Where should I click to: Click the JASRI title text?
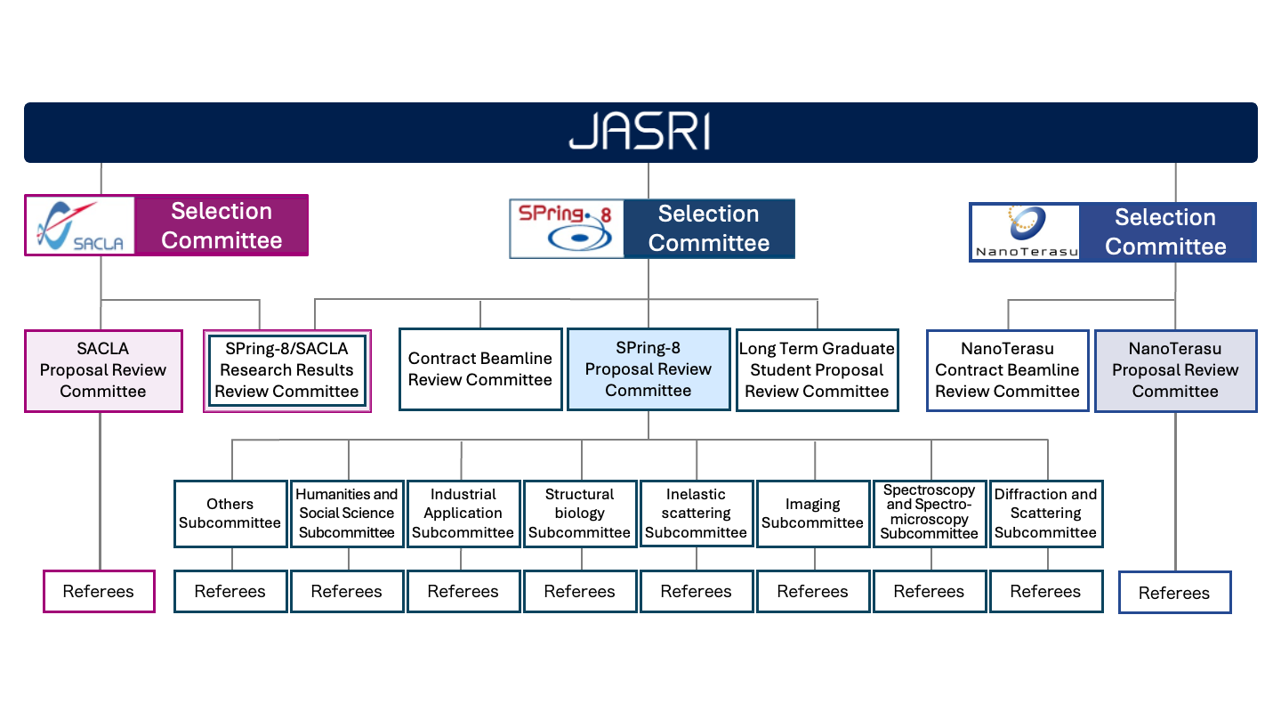[x=640, y=133]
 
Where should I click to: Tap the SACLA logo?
[x=80, y=225]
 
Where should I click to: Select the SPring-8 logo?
[x=567, y=229]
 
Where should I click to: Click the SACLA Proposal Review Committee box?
[x=103, y=370]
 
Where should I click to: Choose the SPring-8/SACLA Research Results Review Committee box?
[x=286, y=370]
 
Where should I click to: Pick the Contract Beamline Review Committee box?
[x=480, y=369]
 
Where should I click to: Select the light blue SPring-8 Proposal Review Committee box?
[x=649, y=369]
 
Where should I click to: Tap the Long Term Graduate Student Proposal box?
[x=817, y=370]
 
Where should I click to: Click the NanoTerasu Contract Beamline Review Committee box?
[x=1007, y=370]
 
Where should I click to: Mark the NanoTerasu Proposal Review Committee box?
[x=1175, y=370]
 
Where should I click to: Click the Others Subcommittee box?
[x=230, y=514]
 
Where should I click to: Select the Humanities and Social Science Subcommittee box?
[x=347, y=514]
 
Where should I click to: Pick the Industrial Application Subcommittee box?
[x=463, y=514]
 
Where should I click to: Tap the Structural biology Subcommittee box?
[x=580, y=514]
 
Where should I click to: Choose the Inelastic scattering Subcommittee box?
[x=697, y=514]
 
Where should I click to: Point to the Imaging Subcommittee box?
[x=813, y=514]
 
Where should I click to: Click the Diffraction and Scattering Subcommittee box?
[x=1046, y=514]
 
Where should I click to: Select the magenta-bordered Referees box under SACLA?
[x=99, y=591]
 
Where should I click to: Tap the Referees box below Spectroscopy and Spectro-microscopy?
[x=930, y=591]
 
